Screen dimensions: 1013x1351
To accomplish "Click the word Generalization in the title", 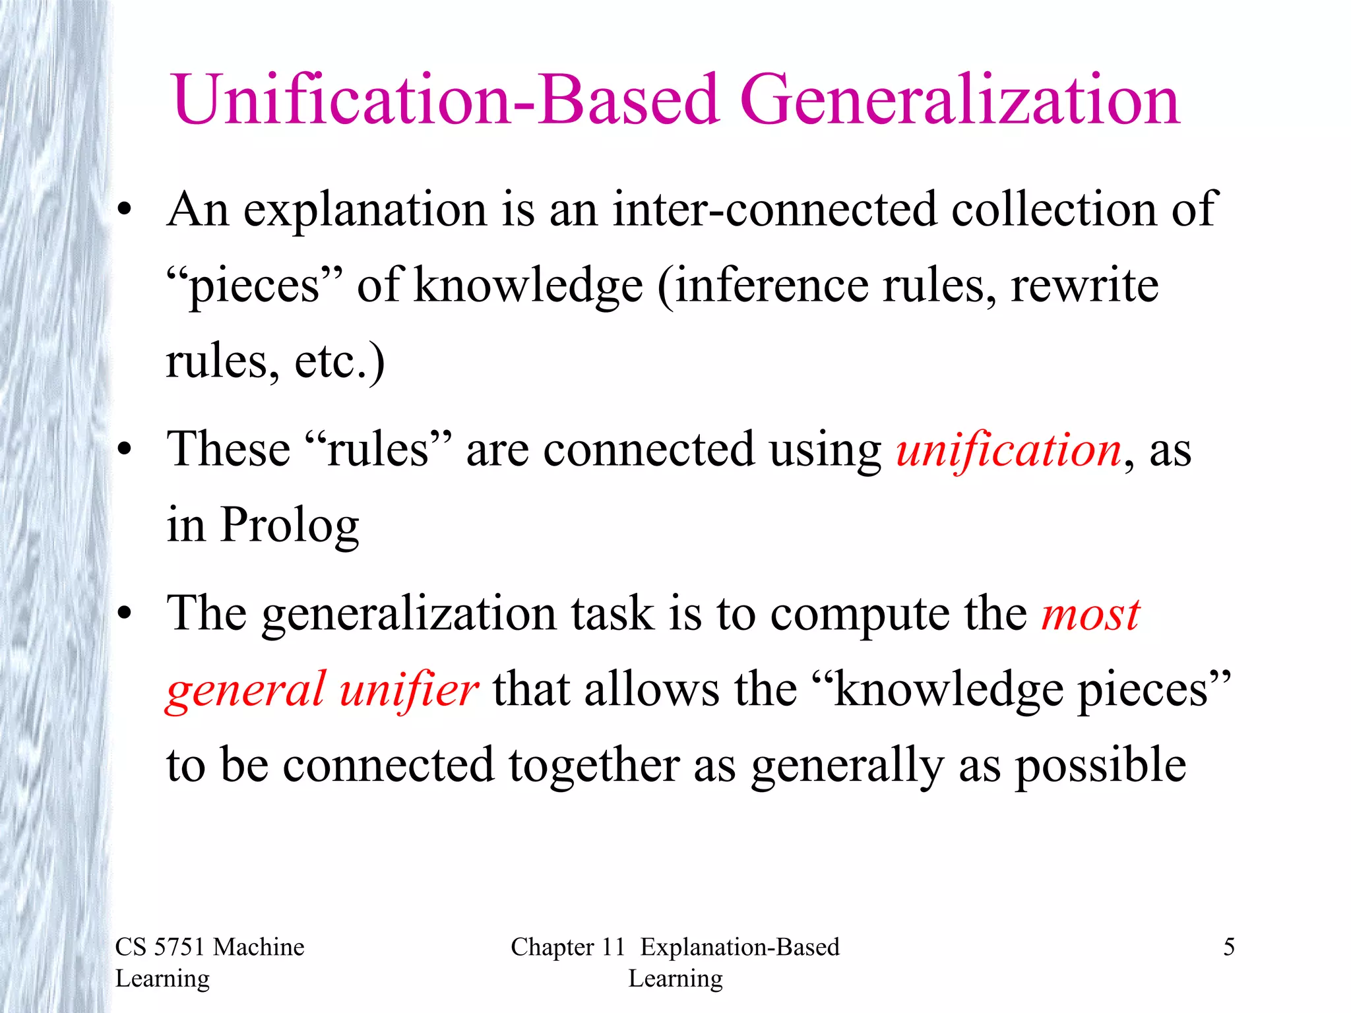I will point(960,100).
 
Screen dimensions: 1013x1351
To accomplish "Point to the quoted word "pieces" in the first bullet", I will point(255,286).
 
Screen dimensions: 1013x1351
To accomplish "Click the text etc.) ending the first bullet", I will point(339,361).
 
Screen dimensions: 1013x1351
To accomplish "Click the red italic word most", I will point(1090,615).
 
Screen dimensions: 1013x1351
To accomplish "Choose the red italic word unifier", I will point(408,690).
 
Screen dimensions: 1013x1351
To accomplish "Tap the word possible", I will point(1100,766).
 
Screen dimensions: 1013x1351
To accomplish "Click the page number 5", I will point(1228,947).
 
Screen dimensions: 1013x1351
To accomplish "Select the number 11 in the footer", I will point(613,947).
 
